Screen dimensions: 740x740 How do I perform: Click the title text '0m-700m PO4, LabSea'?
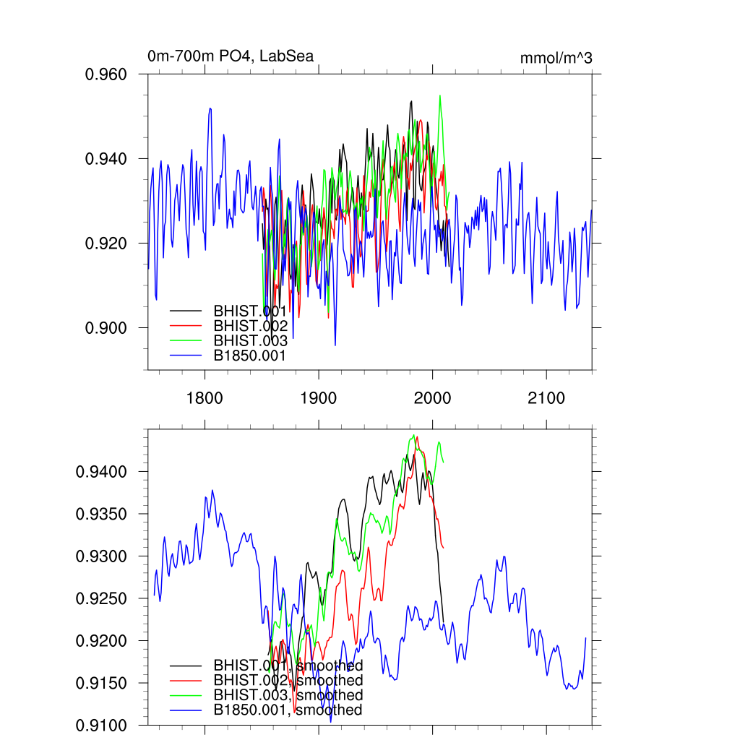(x=231, y=56)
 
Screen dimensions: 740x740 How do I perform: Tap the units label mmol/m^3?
(x=556, y=59)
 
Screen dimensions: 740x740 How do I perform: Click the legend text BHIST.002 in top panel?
(x=250, y=326)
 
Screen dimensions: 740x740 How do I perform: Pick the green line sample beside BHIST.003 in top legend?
(x=186, y=341)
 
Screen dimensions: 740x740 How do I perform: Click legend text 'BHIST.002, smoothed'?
(x=288, y=680)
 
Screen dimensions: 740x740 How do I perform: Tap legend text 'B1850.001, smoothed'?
(x=288, y=710)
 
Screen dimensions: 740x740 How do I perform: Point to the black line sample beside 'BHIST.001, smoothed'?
(x=186, y=665)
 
